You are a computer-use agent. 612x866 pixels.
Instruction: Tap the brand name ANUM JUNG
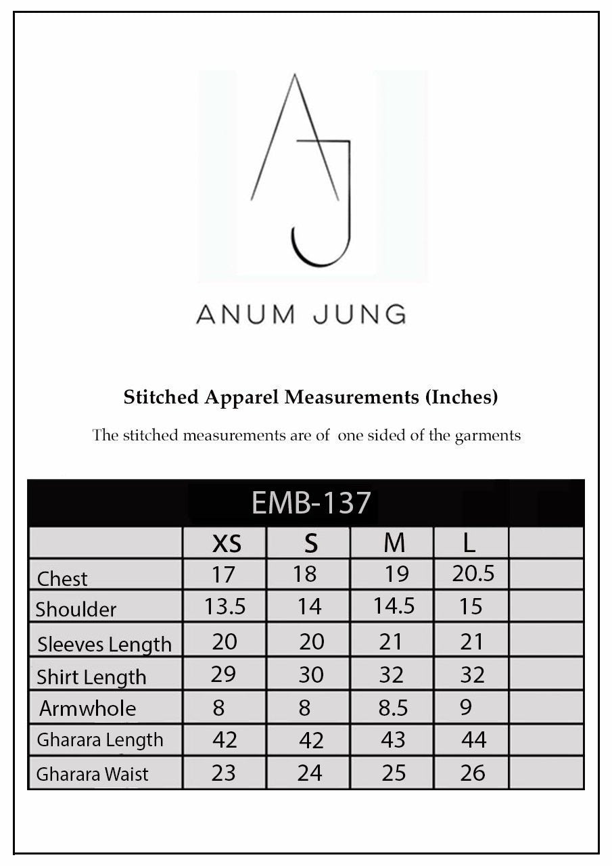(x=301, y=314)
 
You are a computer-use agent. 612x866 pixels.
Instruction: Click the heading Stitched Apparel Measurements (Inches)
(x=310, y=397)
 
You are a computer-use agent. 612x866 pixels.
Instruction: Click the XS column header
(x=227, y=543)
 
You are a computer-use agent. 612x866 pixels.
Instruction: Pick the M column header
(x=394, y=543)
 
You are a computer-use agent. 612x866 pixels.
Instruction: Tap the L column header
(x=469, y=543)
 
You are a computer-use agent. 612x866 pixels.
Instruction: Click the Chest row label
(x=62, y=578)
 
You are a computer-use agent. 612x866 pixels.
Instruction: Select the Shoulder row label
(x=76, y=609)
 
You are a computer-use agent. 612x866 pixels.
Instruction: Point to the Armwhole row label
(x=87, y=708)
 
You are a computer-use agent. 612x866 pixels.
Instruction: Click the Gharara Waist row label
(x=92, y=774)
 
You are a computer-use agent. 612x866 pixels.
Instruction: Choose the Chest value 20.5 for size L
(x=473, y=574)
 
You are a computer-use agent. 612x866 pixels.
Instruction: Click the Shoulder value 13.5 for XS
(x=225, y=606)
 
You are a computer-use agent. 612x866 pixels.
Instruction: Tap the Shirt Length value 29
(x=223, y=675)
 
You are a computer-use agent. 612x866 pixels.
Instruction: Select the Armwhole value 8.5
(x=393, y=708)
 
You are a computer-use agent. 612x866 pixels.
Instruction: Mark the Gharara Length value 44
(x=473, y=739)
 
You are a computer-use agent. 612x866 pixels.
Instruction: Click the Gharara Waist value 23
(x=223, y=772)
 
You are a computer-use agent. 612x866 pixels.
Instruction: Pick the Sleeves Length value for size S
(x=311, y=641)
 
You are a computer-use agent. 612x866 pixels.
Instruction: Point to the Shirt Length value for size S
(x=311, y=675)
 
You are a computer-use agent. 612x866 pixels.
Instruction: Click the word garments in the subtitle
(x=488, y=435)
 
